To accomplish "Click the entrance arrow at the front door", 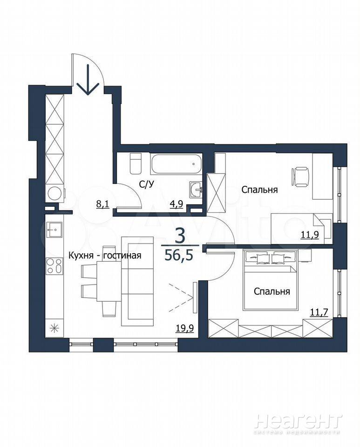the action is tap(88, 80).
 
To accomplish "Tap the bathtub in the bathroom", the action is tap(177, 164).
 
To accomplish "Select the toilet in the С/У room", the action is tap(136, 164).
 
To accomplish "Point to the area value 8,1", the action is tap(103, 204).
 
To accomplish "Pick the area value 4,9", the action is tap(176, 204).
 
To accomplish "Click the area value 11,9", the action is tap(310, 235).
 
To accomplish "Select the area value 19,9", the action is tap(185, 328).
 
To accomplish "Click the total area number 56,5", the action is tap(179, 255).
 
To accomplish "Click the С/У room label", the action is tap(147, 185).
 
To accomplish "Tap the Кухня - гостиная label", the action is tap(105, 255).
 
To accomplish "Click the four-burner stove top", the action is tap(54, 266).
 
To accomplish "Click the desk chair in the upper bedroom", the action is tap(300, 177).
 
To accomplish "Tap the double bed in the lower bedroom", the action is tap(271, 280).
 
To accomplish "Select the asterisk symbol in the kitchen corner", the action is tap(54, 329).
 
